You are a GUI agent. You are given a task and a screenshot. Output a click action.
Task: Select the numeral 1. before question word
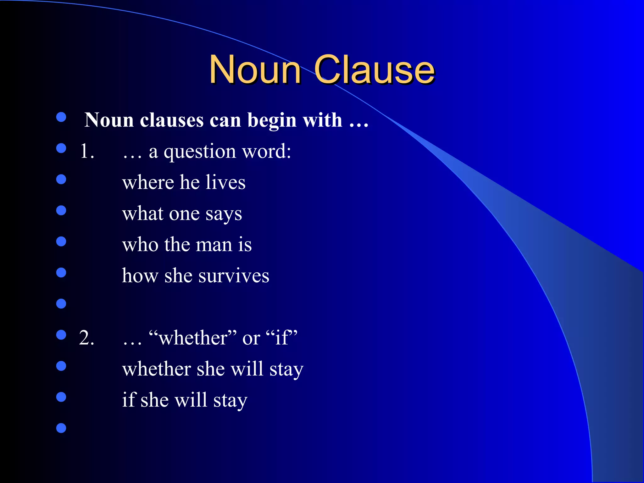(87, 151)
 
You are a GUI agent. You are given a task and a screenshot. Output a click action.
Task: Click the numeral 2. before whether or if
(86, 338)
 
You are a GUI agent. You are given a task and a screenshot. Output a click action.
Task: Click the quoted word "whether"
(193, 338)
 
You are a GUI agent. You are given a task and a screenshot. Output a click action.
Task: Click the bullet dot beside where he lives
(61, 179)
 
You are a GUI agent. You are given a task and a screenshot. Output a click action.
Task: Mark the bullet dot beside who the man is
(61, 241)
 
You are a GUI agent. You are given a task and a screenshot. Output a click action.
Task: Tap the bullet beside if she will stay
(61, 397)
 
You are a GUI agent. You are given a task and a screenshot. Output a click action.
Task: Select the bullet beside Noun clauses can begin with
(61, 117)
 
